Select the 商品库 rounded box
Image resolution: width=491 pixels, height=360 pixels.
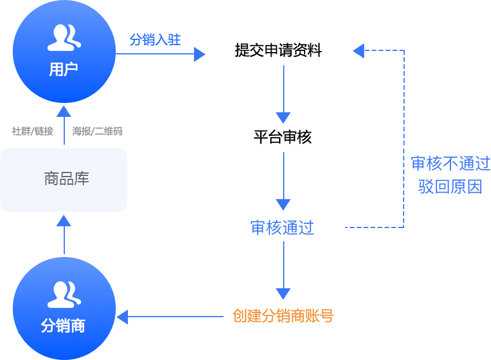tap(64, 179)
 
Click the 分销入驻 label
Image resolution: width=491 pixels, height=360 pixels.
tap(155, 39)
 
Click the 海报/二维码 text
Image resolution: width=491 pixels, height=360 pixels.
tap(97, 131)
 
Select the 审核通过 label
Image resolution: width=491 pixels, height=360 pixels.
tap(282, 227)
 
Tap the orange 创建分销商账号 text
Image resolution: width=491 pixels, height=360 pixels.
tap(283, 316)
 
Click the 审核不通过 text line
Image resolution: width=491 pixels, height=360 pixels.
tap(450, 164)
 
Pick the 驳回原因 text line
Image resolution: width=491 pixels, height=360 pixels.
tap(450, 186)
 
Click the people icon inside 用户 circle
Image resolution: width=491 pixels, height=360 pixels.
tap(64, 38)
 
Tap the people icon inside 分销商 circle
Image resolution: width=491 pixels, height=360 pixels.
tap(64, 295)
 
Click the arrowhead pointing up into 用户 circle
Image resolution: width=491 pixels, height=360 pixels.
tap(64, 111)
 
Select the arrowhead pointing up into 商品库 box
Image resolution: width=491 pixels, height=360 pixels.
tap(64, 220)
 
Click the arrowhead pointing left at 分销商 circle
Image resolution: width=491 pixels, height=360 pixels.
tap(123, 317)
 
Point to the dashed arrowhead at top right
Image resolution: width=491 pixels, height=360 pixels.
tap(358, 51)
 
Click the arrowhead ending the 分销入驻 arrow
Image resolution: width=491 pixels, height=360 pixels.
tap(200, 54)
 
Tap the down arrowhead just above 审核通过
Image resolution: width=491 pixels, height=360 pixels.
tap(283, 204)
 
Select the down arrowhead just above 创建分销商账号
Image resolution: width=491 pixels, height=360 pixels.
tap(283, 293)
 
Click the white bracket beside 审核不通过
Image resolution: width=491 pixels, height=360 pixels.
tap(404, 188)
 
